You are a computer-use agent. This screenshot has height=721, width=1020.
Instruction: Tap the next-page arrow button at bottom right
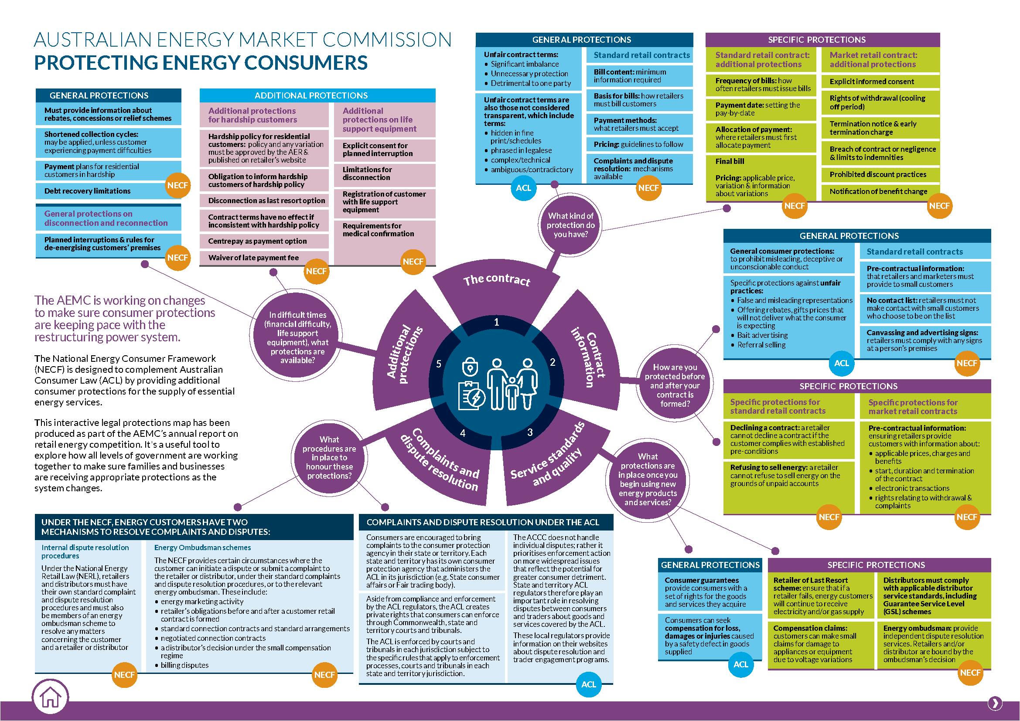pos(995,703)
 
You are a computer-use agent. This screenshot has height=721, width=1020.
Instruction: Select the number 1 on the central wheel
pos(497,322)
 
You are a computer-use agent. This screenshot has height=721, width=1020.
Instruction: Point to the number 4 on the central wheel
pos(462,433)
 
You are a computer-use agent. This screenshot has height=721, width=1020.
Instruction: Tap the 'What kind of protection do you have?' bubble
pos(571,224)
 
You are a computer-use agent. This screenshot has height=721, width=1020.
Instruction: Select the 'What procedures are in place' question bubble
pos(329,457)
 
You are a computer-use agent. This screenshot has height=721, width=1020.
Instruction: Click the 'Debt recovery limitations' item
pos(88,191)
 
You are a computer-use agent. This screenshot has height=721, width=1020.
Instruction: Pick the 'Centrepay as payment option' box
pos(264,241)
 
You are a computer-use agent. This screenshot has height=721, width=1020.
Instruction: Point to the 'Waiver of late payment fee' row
pos(264,258)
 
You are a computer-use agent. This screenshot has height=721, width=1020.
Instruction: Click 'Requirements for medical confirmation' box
pos(385,230)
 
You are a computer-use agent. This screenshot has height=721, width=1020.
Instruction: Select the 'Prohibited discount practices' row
pos(880,174)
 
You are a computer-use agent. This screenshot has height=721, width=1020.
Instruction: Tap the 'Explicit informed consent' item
pos(880,82)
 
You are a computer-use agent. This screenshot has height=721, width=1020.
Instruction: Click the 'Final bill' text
pos(730,162)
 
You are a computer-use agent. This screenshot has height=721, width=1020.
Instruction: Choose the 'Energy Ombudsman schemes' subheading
pos(203,548)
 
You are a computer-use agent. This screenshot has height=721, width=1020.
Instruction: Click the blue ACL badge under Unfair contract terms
pos(523,188)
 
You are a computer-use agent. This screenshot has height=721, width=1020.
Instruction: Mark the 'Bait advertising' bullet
pos(762,335)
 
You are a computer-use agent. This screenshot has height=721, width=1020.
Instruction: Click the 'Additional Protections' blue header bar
pos(317,95)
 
